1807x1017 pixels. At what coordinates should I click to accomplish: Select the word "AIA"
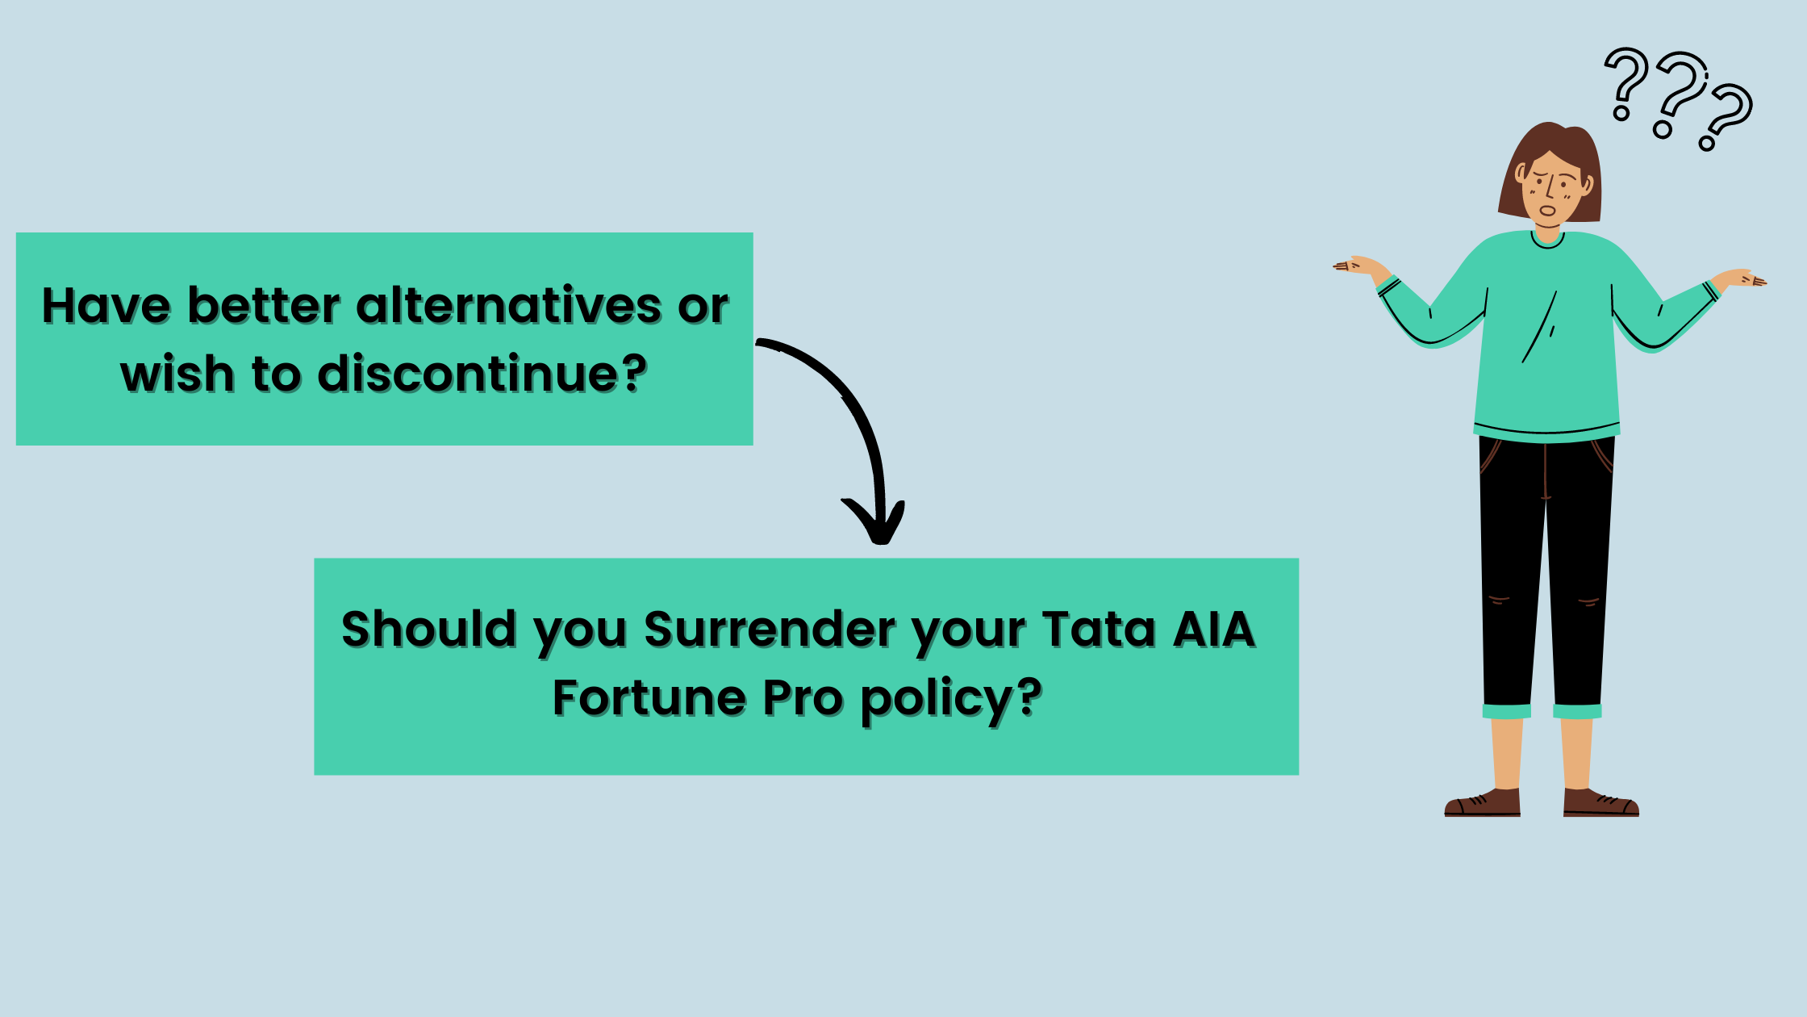tap(1214, 629)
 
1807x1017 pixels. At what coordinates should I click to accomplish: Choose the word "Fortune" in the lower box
tap(649, 697)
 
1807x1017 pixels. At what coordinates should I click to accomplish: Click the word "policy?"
tap(951, 699)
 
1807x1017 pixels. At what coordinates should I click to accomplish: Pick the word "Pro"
tap(803, 697)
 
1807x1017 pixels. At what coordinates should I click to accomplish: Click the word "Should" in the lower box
tap(428, 629)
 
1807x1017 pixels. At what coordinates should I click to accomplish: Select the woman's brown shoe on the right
tap(1600, 802)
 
